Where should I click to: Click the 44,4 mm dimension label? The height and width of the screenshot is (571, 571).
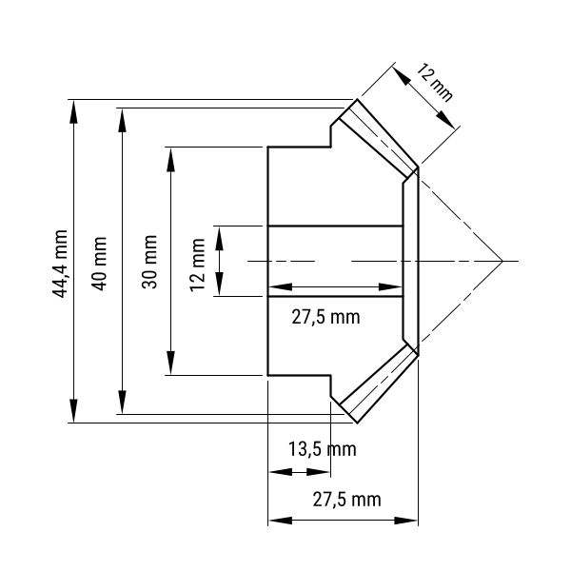[60, 264]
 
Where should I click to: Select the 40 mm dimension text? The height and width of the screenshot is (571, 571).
[99, 264]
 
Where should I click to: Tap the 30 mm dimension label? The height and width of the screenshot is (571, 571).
[149, 263]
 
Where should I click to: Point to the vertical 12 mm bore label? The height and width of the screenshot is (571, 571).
[197, 265]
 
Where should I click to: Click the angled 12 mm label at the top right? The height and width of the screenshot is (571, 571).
[435, 82]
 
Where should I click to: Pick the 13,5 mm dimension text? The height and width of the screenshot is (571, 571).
[323, 449]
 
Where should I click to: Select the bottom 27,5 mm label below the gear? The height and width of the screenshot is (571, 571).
[346, 500]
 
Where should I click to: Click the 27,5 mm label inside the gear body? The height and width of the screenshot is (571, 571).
[325, 317]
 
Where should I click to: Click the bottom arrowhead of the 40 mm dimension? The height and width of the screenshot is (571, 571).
[123, 402]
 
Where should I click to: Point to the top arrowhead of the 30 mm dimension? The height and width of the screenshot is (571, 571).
[170, 160]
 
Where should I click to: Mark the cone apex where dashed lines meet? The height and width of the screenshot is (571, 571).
[502, 261]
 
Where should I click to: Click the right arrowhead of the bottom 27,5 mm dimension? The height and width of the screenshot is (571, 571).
[405, 520]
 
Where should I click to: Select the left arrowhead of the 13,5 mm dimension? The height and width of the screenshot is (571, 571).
[281, 472]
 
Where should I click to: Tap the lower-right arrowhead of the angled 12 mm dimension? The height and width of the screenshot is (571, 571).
[445, 120]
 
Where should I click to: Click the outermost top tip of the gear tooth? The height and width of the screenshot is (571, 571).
[357, 99]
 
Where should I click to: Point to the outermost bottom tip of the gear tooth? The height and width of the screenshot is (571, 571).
[357, 423]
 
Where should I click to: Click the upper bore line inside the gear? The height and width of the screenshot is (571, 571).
[335, 226]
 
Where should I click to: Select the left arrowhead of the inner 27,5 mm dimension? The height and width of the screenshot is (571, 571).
[281, 287]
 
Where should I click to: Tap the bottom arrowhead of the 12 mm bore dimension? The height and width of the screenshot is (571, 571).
[219, 284]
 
